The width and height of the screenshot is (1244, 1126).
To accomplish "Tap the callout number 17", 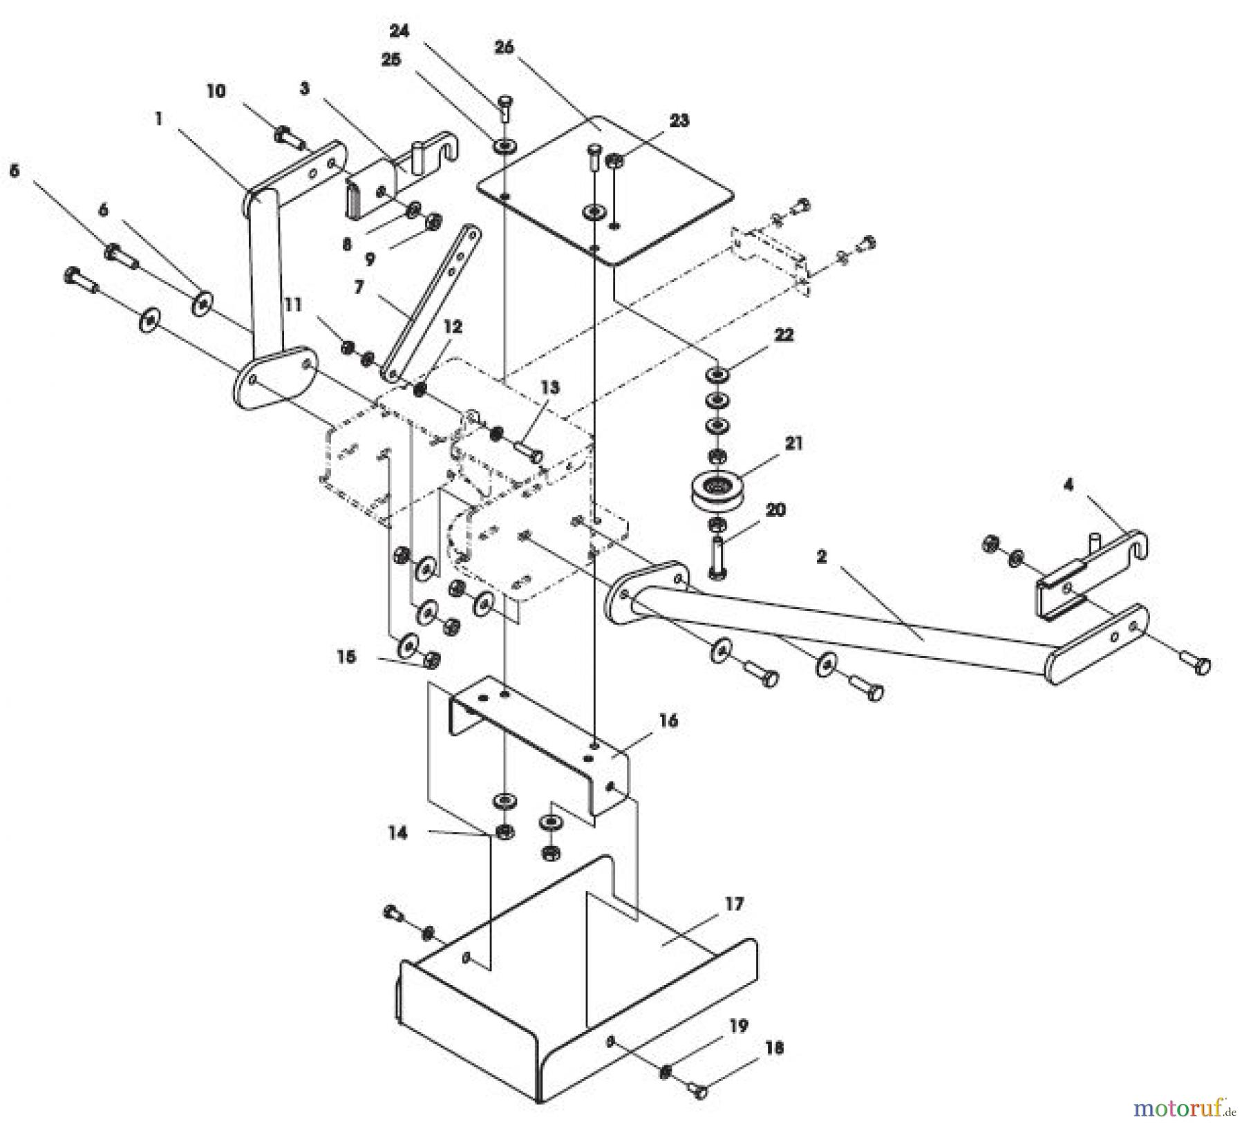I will [735, 904].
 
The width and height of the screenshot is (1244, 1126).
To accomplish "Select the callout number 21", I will [794, 443].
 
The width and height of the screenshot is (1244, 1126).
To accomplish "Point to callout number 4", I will [1068, 485].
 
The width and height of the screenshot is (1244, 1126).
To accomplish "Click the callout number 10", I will [216, 91].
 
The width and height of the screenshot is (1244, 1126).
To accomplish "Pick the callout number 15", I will [346, 656].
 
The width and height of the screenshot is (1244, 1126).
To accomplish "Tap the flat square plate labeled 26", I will [608, 190].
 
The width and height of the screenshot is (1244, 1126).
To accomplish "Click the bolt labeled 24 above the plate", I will [505, 108].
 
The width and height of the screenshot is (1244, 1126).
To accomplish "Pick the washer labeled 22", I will [717, 375].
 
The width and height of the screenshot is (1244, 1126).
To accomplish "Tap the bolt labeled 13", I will [529, 453].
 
